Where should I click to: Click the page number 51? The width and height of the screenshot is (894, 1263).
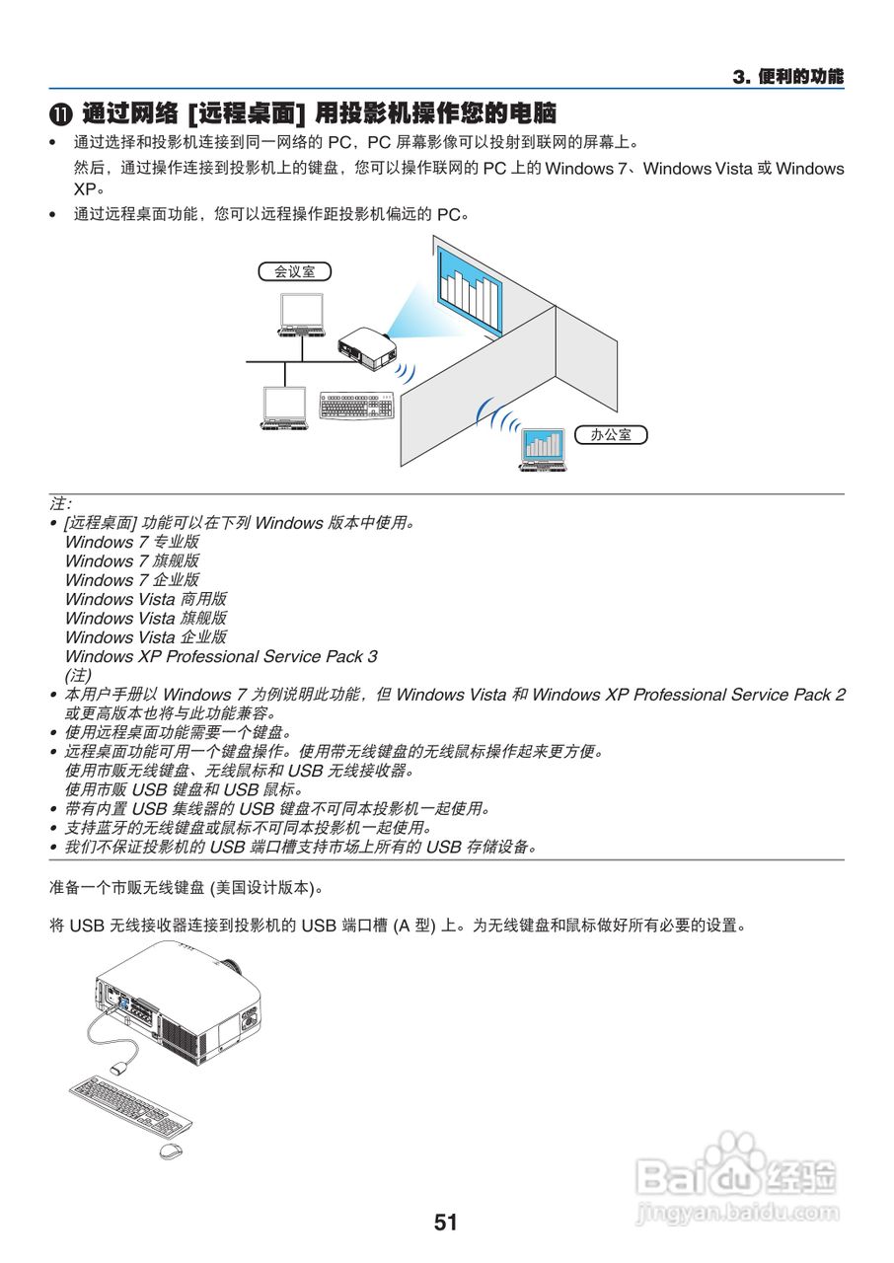[446, 1223]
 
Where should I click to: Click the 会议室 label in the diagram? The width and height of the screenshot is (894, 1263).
[294, 271]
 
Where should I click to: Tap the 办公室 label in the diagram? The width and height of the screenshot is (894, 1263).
[611, 434]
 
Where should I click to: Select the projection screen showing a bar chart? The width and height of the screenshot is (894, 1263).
[470, 290]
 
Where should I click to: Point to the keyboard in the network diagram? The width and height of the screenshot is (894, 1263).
[355, 406]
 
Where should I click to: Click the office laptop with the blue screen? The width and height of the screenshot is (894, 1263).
[543, 449]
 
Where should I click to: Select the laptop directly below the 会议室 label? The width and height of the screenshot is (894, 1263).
[300, 315]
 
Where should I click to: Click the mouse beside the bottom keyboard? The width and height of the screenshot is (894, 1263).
[171, 1151]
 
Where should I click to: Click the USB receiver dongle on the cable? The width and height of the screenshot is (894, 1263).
[122, 1068]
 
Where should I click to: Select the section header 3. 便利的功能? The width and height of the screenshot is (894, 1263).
[787, 77]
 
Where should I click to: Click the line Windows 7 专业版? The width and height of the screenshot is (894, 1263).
[131, 542]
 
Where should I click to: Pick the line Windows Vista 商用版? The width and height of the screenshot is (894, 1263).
[145, 599]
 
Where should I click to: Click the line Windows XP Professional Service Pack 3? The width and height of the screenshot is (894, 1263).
[220, 656]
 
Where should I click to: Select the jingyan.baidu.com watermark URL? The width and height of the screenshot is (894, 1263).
[737, 1212]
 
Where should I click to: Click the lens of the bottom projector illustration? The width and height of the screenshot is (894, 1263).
[230, 964]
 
